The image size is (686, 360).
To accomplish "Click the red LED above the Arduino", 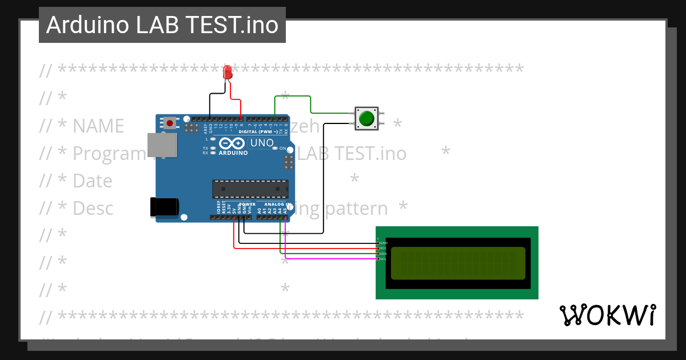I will pos(228,72).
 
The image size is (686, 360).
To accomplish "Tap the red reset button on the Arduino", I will pos(170,123).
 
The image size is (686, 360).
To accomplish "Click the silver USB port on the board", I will pos(158,145).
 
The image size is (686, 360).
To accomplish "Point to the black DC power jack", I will pos(163,207).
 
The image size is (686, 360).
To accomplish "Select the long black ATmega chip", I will pos(250,189).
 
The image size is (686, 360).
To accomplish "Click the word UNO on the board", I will pos(262,142).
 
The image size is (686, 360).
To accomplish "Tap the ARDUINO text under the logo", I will pos(233,153).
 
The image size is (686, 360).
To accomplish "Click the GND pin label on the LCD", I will pos(384,243).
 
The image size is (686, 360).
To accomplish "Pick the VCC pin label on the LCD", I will pos(384,248).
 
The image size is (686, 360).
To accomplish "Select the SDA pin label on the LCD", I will pos(384,253).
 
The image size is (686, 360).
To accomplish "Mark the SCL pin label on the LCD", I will pos(384,259).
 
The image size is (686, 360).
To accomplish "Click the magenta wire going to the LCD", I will pos(332,259).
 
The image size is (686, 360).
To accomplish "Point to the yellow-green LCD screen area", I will pos(458,263).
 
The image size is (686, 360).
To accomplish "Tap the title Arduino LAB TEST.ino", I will pos(162,25).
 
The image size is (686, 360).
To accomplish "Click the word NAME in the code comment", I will pos(98,126).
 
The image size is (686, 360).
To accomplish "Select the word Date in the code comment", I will pos(92,181).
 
